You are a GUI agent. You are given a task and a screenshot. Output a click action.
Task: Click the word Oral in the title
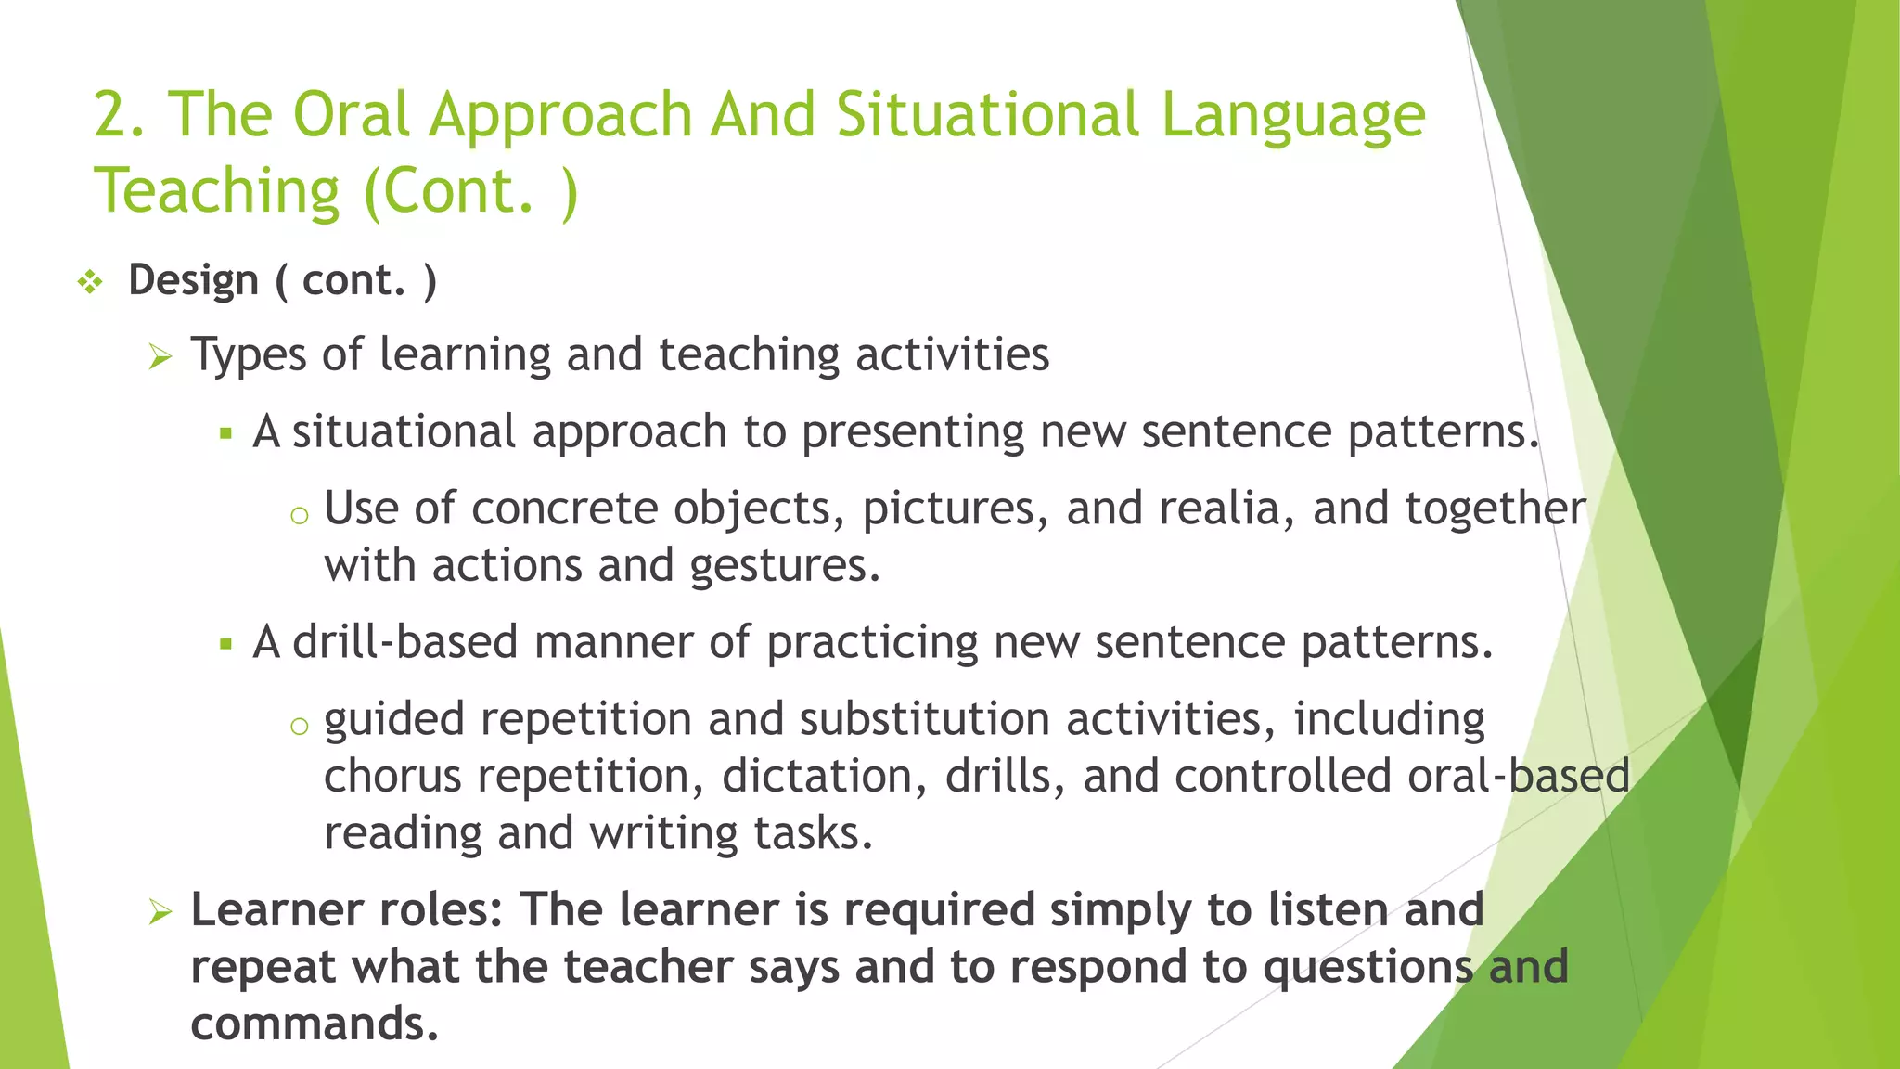point(351,115)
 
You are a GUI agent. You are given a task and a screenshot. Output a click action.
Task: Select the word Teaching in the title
point(217,191)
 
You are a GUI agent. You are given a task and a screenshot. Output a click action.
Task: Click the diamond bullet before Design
point(90,281)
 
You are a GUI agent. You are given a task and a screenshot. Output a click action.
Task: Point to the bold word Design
point(193,280)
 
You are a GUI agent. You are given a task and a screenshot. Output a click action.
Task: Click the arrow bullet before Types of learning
point(160,356)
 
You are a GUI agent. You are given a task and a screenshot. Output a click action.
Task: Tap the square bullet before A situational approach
point(225,433)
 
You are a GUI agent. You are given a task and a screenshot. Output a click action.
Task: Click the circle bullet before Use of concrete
point(299,516)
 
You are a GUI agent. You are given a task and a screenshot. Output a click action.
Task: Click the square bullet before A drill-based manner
point(225,644)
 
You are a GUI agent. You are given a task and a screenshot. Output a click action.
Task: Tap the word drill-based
point(405,642)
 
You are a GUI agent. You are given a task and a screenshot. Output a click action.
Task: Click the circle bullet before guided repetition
point(299,727)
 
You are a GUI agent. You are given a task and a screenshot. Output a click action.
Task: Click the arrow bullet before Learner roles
point(160,912)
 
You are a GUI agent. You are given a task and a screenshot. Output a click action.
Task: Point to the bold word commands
point(315,1024)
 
